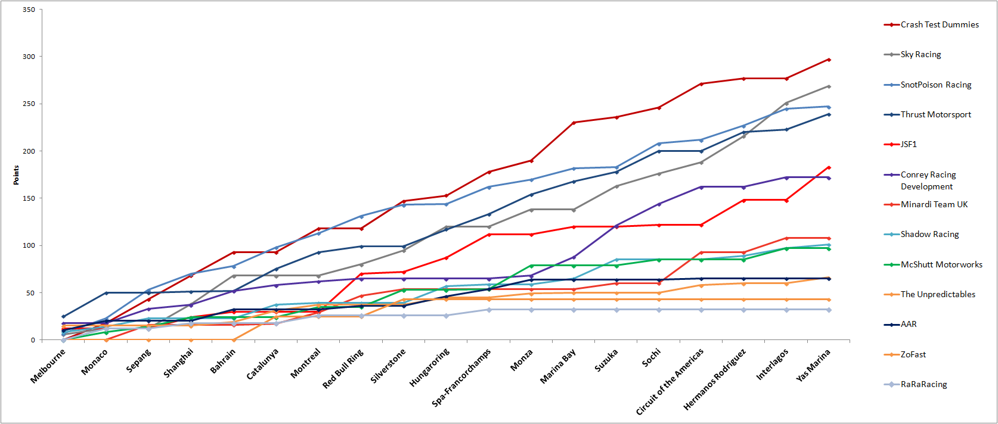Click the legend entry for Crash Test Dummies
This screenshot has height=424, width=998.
tap(939, 24)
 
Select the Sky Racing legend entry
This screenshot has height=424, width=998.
tap(920, 54)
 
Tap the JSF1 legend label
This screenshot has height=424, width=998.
tap(909, 144)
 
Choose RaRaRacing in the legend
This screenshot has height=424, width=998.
tap(923, 384)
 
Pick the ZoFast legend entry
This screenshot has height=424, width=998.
tap(913, 354)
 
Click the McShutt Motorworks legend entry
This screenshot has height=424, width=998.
tap(941, 264)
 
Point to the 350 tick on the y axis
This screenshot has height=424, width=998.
tap(29, 10)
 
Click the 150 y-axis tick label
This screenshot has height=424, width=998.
tap(29, 198)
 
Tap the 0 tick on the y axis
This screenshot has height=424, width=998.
tap(33, 340)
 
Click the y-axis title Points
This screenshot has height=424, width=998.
tap(16, 175)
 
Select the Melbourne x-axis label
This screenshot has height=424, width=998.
tap(48, 366)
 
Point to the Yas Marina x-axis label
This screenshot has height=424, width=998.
tap(813, 365)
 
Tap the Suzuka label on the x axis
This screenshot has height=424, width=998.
tap(606, 360)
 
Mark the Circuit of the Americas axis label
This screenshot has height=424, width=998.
tap(670, 382)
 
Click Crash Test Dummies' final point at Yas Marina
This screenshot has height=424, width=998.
tap(829, 60)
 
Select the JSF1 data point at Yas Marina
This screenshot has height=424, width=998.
tap(829, 167)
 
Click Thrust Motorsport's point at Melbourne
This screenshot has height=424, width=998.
tap(64, 317)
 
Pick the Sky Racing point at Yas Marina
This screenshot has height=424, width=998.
tap(829, 86)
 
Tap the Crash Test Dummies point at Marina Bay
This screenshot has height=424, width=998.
tap(574, 123)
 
